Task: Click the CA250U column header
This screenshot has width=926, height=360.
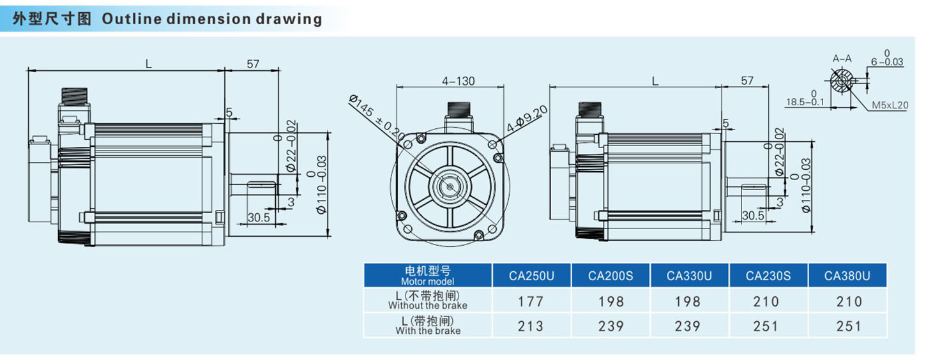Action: click(531, 276)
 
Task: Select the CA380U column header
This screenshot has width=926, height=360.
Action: click(847, 276)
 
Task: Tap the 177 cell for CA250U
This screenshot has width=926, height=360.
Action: click(531, 301)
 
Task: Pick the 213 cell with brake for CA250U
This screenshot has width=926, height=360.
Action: click(531, 326)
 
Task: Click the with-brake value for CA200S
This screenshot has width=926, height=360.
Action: click(611, 326)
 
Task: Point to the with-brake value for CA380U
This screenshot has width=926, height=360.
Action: click(847, 326)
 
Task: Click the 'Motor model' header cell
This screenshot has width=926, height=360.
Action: click(427, 276)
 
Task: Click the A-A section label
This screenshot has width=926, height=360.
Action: click(842, 59)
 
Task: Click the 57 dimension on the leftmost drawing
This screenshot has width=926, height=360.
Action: click(252, 63)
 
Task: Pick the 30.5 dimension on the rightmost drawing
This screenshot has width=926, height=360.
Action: click(754, 216)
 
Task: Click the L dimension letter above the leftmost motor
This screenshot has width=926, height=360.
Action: click(148, 63)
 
